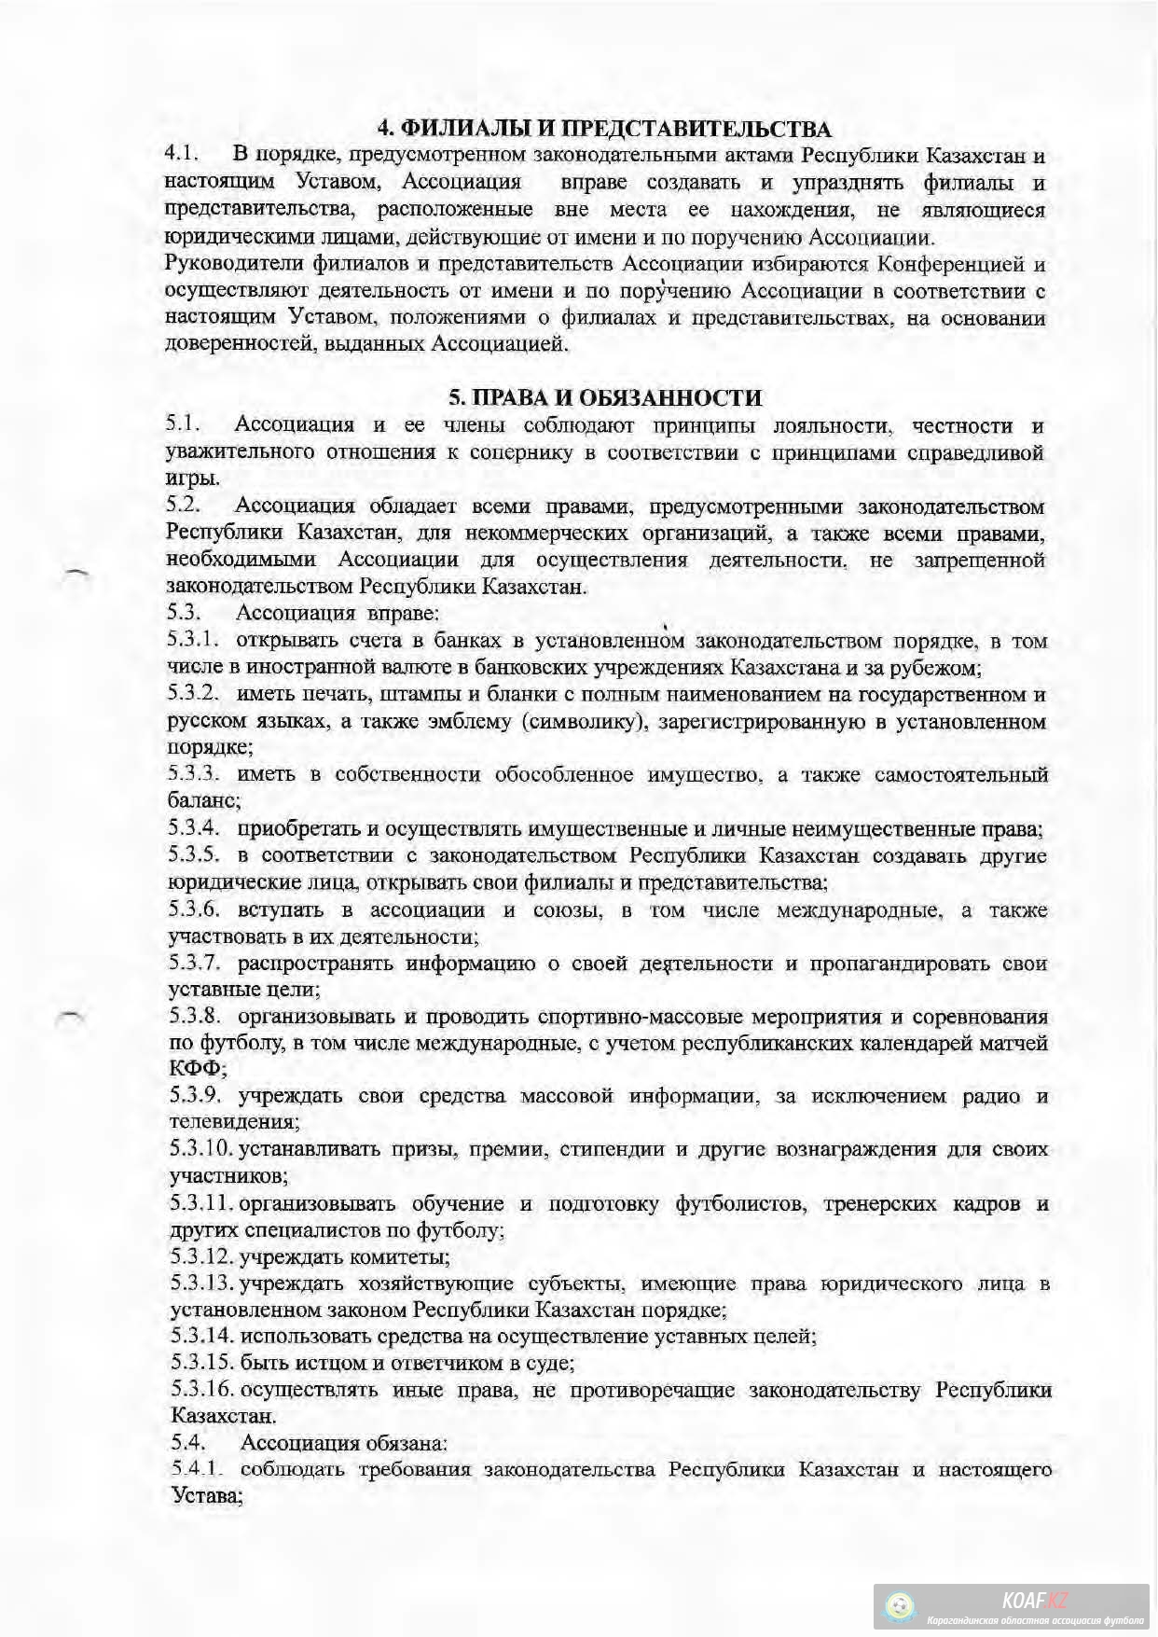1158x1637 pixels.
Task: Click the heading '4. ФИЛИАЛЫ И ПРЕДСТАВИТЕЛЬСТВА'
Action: pos(603,129)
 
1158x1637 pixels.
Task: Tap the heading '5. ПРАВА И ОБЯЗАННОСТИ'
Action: pos(605,398)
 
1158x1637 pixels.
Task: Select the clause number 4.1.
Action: pos(183,154)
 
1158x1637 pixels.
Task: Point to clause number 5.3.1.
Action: pos(194,641)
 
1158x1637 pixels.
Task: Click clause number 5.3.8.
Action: pos(194,1016)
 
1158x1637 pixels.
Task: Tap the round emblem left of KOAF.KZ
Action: pos(901,1607)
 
